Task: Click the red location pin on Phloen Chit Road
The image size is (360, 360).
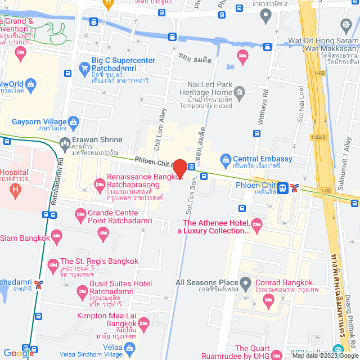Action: tap(179, 168)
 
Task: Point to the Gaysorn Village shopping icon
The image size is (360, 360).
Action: tap(73, 121)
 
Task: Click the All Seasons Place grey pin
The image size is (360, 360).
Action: tap(245, 282)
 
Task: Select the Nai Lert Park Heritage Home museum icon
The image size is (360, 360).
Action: tap(240, 92)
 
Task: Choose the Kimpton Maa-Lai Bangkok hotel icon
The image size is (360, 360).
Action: tap(143, 322)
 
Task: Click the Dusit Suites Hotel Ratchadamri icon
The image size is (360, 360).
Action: tap(81, 291)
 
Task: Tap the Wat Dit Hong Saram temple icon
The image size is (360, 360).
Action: tap(345, 25)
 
